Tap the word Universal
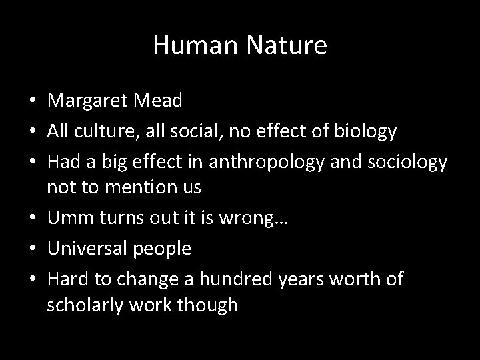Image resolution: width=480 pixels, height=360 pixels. tap(91, 249)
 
